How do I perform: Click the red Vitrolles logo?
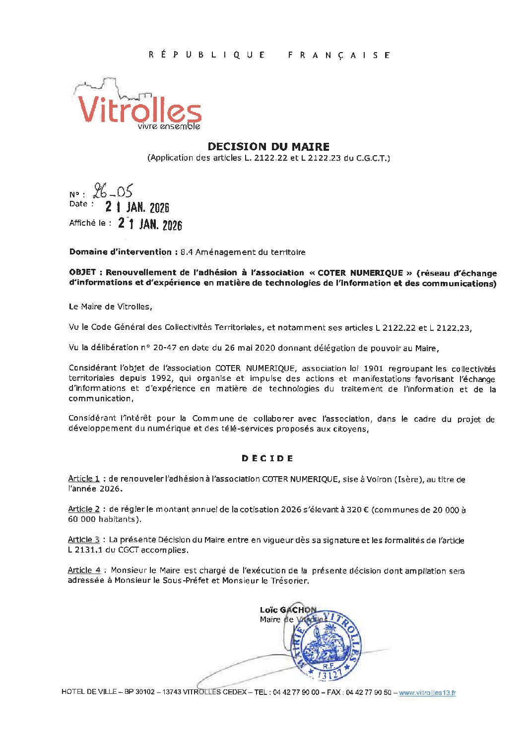click(139, 109)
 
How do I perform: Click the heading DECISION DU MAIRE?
click(268, 146)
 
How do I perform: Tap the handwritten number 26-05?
click(113, 191)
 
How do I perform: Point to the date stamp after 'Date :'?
click(137, 207)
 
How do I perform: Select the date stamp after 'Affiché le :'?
click(150, 224)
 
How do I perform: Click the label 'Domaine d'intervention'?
click(121, 252)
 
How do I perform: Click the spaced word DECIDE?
click(267, 458)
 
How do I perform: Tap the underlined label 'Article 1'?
click(84, 479)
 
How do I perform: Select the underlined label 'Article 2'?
click(84, 509)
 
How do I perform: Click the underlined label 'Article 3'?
click(84, 540)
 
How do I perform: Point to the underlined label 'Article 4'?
click(84, 570)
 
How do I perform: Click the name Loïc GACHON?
click(288, 610)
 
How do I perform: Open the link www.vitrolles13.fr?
click(427, 693)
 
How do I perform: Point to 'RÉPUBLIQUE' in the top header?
click(207, 55)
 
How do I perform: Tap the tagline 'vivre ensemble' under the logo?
click(169, 126)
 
